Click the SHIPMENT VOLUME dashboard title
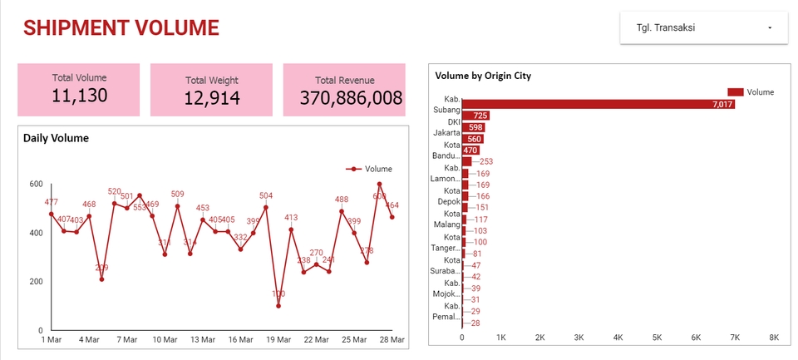pos(121,27)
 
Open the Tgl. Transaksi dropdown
pos(703,27)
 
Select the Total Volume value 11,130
pos(79,96)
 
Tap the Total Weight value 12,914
pos(212,99)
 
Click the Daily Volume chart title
pos(56,138)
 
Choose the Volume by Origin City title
pos(483,76)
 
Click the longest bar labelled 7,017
pos(599,104)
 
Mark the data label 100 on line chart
pos(278,294)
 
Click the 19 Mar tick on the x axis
pos(278,339)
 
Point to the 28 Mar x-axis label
pos(392,339)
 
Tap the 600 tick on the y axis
pos(35,184)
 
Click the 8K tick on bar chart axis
pos(774,338)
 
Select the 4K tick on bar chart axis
pos(618,338)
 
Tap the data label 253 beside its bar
pos(486,162)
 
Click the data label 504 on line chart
pos(266,196)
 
